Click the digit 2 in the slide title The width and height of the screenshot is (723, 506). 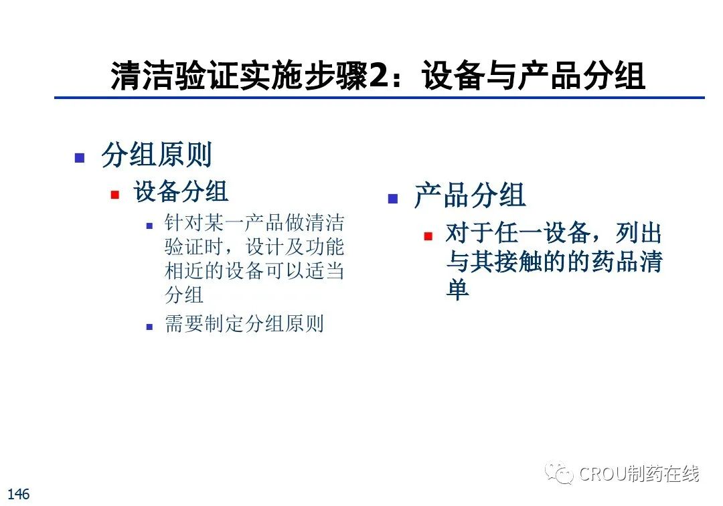pyautogui.click(x=378, y=75)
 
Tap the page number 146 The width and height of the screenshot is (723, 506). pyautogui.click(x=19, y=494)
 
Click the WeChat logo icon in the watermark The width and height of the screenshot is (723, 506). pyautogui.click(x=559, y=473)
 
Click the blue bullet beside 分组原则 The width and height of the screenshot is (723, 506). pyautogui.click(x=80, y=158)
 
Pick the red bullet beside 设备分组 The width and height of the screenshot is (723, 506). pyautogui.click(x=115, y=195)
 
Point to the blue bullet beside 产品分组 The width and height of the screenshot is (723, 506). pyautogui.click(x=393, y=199)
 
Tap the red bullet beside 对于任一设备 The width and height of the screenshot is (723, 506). pyautogui.click(x=428, y=236)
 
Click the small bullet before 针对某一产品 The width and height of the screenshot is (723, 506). pyautogui.click(x=149, y=226)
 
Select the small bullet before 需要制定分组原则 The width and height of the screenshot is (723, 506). pyautogui.click(x=149, y=327)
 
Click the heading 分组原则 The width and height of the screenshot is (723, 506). pyautogui.click(x=156, y=155)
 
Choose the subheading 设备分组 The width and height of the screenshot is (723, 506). pyautogui.click(x=181, y=191)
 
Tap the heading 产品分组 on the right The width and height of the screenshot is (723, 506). pyautogui.click(x=469, y=195)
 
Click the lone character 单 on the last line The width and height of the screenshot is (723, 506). pyautogui.click(x=457, y=289)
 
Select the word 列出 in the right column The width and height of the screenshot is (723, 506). pyautogui.click(x=639, y=233)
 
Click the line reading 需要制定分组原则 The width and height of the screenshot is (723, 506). pyautogui.click(x=244, y=323)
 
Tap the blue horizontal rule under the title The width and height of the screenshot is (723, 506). pyautogui.click(x=380, y=97)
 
